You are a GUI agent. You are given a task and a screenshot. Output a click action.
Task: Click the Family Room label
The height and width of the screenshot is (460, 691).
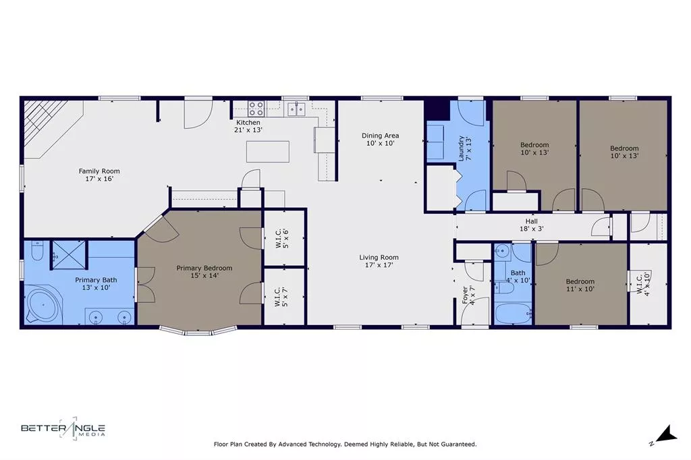[99, 175]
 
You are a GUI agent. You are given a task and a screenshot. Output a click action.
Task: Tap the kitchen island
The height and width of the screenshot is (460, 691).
[268, 151]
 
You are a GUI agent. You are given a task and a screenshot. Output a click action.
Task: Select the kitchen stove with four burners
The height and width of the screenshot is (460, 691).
[256, 108]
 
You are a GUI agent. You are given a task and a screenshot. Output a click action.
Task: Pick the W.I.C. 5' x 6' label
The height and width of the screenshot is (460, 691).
[284, 239]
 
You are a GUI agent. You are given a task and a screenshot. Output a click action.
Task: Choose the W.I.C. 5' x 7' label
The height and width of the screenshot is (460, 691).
[284, 297]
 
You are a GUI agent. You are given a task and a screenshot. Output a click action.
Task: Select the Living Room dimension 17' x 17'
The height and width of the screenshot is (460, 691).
[379, 265]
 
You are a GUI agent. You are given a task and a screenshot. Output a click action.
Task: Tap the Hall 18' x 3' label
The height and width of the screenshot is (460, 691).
[531, 225]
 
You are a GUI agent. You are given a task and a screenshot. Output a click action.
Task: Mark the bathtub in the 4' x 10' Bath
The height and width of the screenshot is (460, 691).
[512, 314]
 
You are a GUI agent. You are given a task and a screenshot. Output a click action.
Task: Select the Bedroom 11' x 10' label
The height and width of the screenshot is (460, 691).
[580, 285]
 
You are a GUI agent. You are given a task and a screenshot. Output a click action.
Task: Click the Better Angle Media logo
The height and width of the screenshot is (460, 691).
[63, 429]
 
